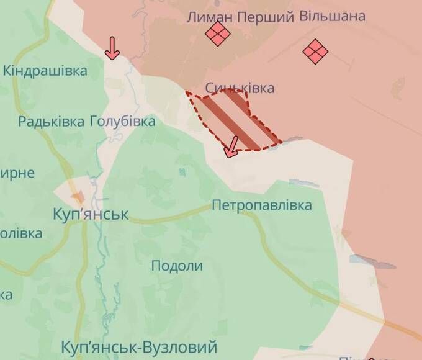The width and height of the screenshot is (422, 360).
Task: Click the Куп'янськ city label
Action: tap(90, 215)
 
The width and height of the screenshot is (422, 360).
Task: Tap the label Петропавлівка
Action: tap(261, 205)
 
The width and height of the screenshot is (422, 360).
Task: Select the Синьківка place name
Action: tap(240, 88)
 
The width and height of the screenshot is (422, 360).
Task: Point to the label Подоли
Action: tap(177, 266)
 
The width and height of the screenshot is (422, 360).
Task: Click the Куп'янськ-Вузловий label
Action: tap(140, 346)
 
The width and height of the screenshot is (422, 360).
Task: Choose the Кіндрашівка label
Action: tap(45, 71)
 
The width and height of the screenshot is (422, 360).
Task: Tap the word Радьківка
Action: tap(51, 121)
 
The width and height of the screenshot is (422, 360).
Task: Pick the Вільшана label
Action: tap(333, 16)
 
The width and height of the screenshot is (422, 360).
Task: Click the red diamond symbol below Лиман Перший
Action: tap(218, 35)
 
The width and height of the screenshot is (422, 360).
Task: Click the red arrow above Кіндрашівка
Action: tap(112, 48)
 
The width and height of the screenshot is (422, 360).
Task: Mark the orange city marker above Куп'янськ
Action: tap(78, 197)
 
